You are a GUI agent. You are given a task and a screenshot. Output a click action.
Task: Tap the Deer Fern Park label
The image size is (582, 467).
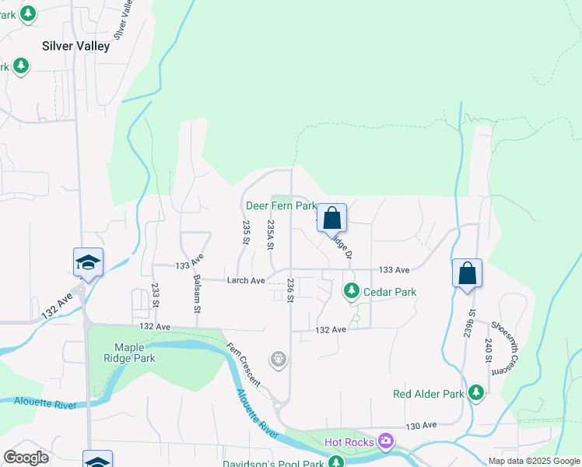click(x=281, y=206)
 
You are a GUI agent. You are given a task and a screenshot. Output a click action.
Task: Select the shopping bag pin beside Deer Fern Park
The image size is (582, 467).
click(x=331, y=219)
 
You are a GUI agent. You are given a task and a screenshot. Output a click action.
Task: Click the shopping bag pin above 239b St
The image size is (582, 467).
click(x=467, y=274)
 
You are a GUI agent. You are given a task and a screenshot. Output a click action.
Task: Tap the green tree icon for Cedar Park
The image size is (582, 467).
click(x=352, y=291)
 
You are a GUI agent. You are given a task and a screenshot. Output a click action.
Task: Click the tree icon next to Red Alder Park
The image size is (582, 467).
click(x=476, y=394)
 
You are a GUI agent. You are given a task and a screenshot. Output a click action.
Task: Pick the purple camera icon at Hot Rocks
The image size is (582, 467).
click(x=385, y=443)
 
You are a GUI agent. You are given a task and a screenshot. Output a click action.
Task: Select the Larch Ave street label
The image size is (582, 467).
click(x=246, y=280)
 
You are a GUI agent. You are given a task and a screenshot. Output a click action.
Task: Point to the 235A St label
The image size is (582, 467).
click(x=271, y=234)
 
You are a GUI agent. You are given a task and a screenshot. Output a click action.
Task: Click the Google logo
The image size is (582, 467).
click(x=26, y=458)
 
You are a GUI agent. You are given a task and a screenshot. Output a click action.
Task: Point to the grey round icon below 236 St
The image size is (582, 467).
click(x=278, y=359)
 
